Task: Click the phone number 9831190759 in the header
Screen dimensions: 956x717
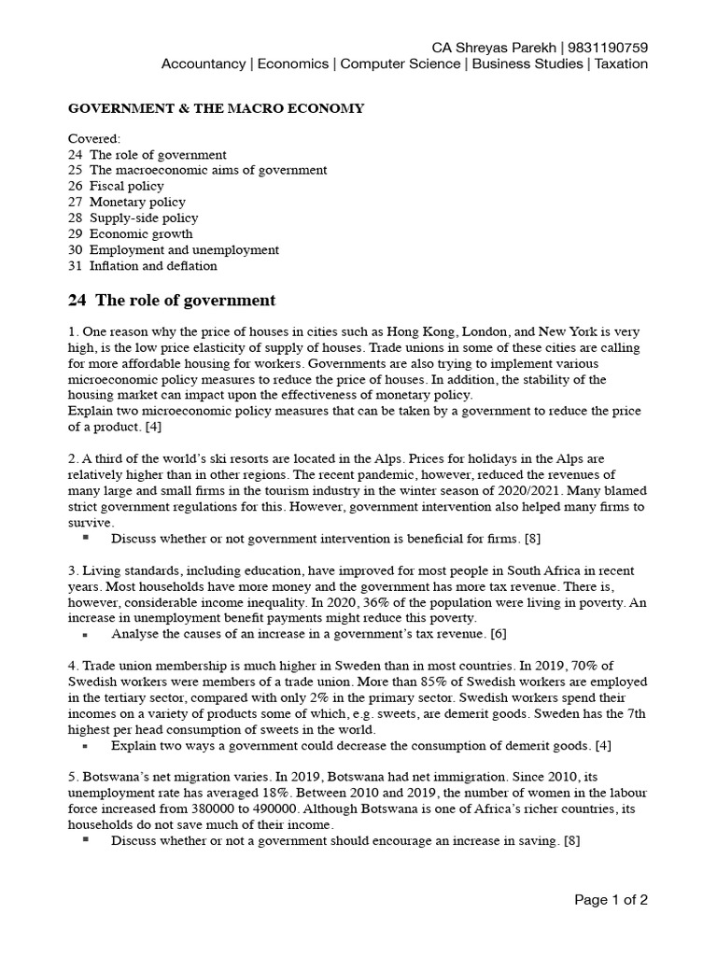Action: click(x=607, y=48)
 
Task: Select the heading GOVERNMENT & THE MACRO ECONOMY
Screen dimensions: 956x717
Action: click(x=217, y=109)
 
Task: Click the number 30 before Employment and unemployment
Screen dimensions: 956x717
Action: click(x=76, y=249)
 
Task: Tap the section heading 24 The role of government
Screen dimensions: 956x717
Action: click(x=172, y=301)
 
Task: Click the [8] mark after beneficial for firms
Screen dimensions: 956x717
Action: click(x=532, y=539)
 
